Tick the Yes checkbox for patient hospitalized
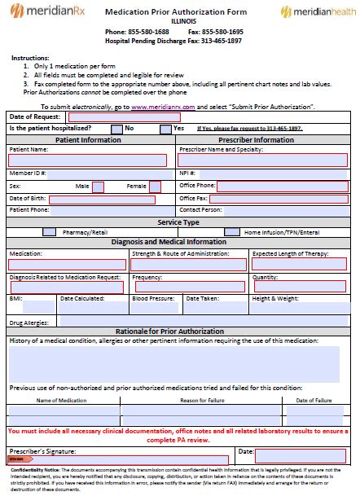coord(166,129)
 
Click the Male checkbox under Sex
coord(98,187)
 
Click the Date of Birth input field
coord(102,199)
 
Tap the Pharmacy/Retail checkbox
coord(49,232)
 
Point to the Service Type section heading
coord(178,222)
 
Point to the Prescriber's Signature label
coord(42,450)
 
